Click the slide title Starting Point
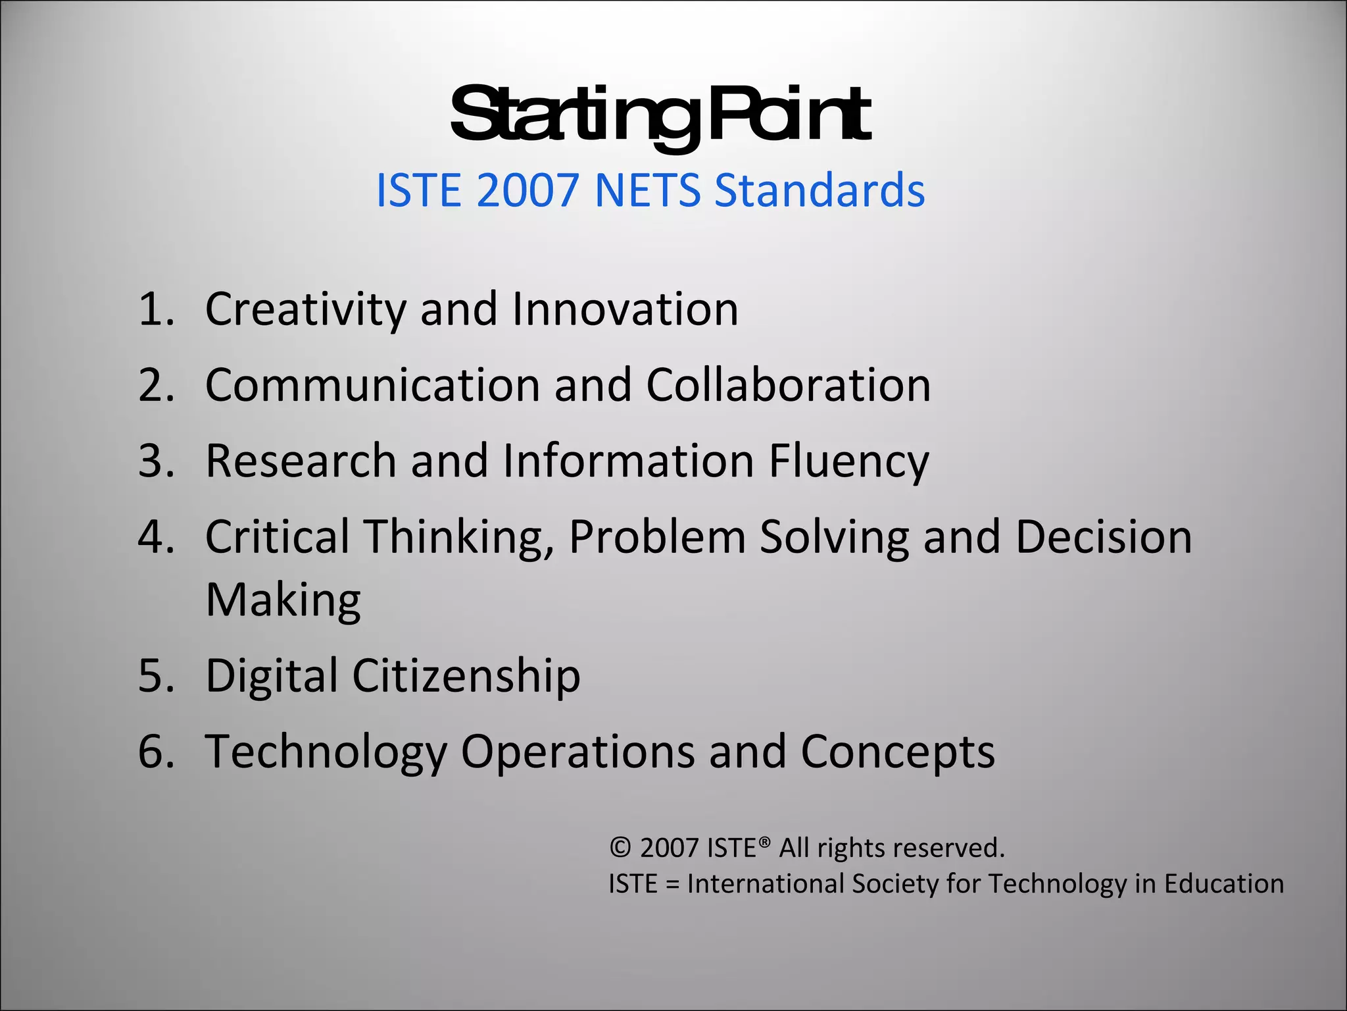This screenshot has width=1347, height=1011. [660, 116]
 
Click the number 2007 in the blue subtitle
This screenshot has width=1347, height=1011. [527, 191]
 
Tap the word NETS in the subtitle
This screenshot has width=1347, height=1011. [648, 191]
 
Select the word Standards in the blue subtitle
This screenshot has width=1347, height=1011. [820, 191]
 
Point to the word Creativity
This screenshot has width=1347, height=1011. [306, 309]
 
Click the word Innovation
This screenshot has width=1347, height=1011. [625, 309]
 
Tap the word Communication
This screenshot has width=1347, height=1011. [372, 385]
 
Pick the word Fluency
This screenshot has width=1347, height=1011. [848, 461]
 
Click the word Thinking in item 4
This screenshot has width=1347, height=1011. [458, 537]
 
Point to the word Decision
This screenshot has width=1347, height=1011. [1103, 537]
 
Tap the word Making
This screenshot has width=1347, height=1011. [283, 600]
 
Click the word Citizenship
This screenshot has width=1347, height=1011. [466, 676]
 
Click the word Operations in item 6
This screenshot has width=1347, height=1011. [577, 752]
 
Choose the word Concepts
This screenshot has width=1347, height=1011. [897, 752]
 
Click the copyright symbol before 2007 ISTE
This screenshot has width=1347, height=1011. [620, 848]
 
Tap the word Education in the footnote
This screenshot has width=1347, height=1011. [1223, 884]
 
